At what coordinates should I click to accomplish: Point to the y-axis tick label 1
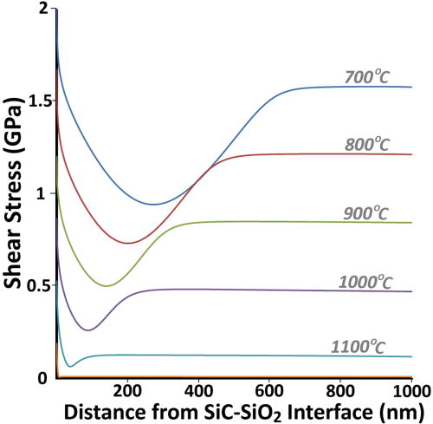click(x=43, y=192)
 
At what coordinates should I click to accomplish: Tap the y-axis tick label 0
click(x=43, y=377)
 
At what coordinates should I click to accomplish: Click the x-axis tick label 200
click(x=127, y=390)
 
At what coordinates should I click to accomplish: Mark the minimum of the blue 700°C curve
click(x=153, y=205)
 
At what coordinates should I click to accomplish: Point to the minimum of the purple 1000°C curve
click(x=87, y=330)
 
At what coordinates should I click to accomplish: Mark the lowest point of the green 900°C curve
click(x=107, y=285)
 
